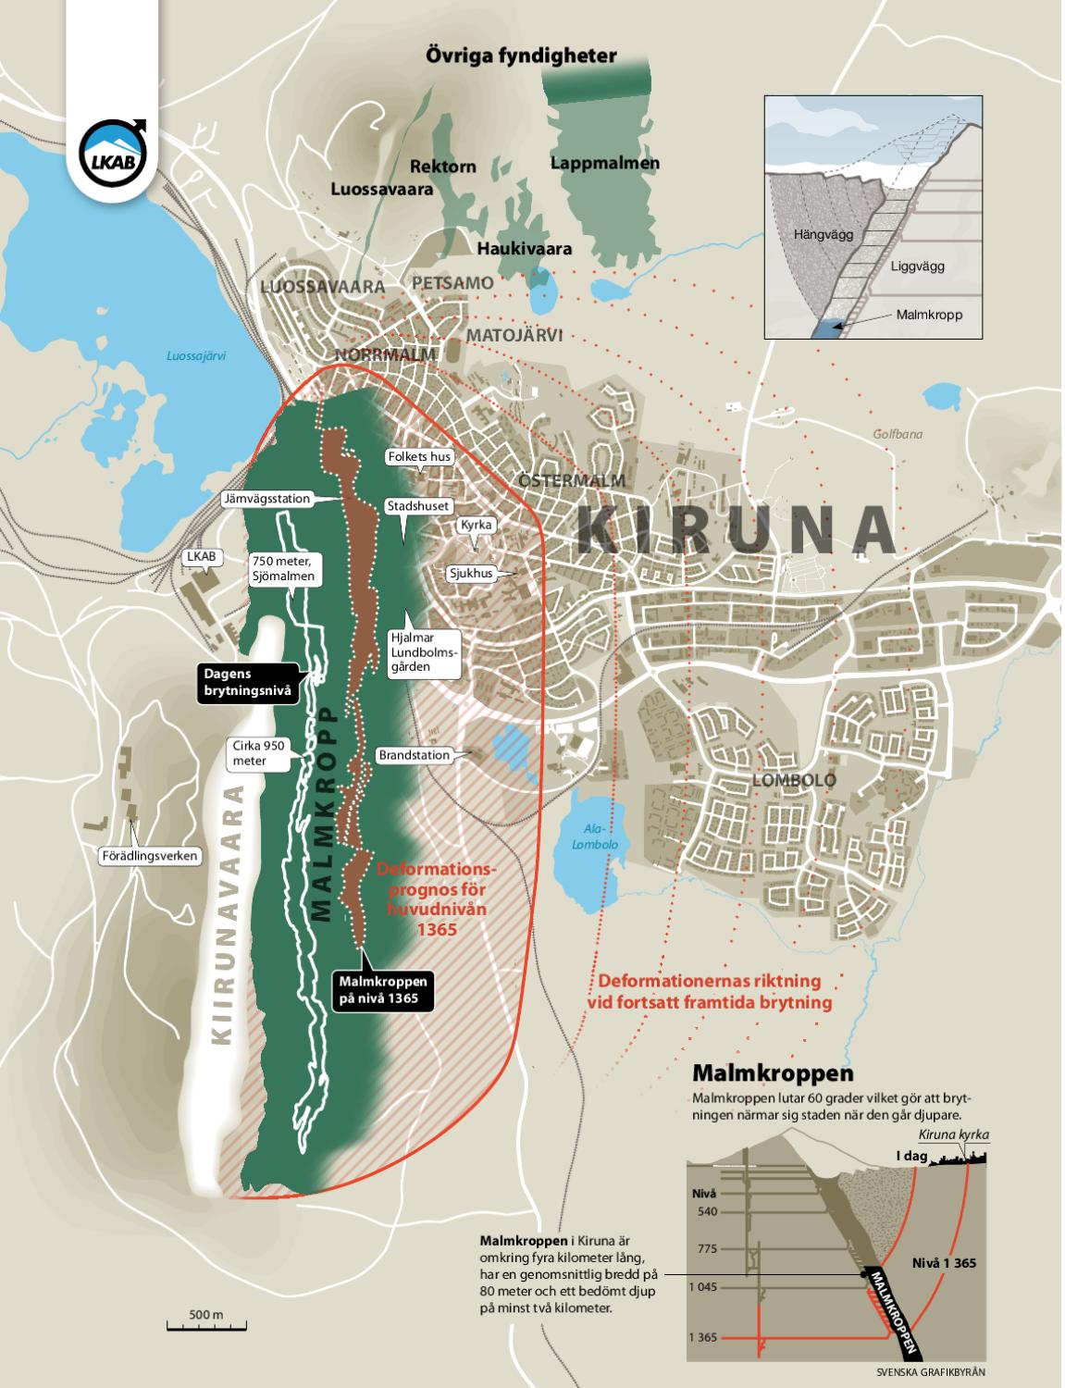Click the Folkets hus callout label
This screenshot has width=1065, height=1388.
418,457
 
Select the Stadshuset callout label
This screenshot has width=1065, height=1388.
418,506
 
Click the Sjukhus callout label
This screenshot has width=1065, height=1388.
470,573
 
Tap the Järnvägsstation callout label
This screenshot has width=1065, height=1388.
266,499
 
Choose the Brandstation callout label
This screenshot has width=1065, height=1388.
414,755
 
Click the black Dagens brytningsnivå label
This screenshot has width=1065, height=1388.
248,682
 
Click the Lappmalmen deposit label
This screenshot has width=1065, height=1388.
604,163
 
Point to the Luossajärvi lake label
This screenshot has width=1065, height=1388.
196,354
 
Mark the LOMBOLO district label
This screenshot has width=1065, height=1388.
793,780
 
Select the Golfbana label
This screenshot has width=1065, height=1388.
897,433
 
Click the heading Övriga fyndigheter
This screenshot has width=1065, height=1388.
521,56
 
